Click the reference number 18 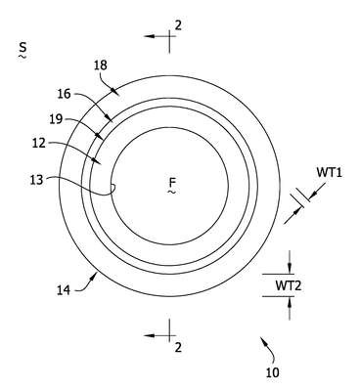(101, 65)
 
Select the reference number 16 (65, 94)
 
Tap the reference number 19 (56, 119)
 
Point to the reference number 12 (39, 143)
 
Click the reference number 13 (37, 180)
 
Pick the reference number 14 (64, 290)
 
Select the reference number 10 (273, 372)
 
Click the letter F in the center (171, 182)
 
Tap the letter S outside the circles (22, 47)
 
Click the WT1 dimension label (330, 172)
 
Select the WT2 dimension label (289, 285)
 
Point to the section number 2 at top (178, 25)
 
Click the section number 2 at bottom (178, 348)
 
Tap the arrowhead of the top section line (149, 36)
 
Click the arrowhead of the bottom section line (149, 335)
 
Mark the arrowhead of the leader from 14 (95, 277)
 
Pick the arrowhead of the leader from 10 (262, 340)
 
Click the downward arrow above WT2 (289, 262)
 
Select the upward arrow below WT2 (289, 308)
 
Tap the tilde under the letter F (171, 193)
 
